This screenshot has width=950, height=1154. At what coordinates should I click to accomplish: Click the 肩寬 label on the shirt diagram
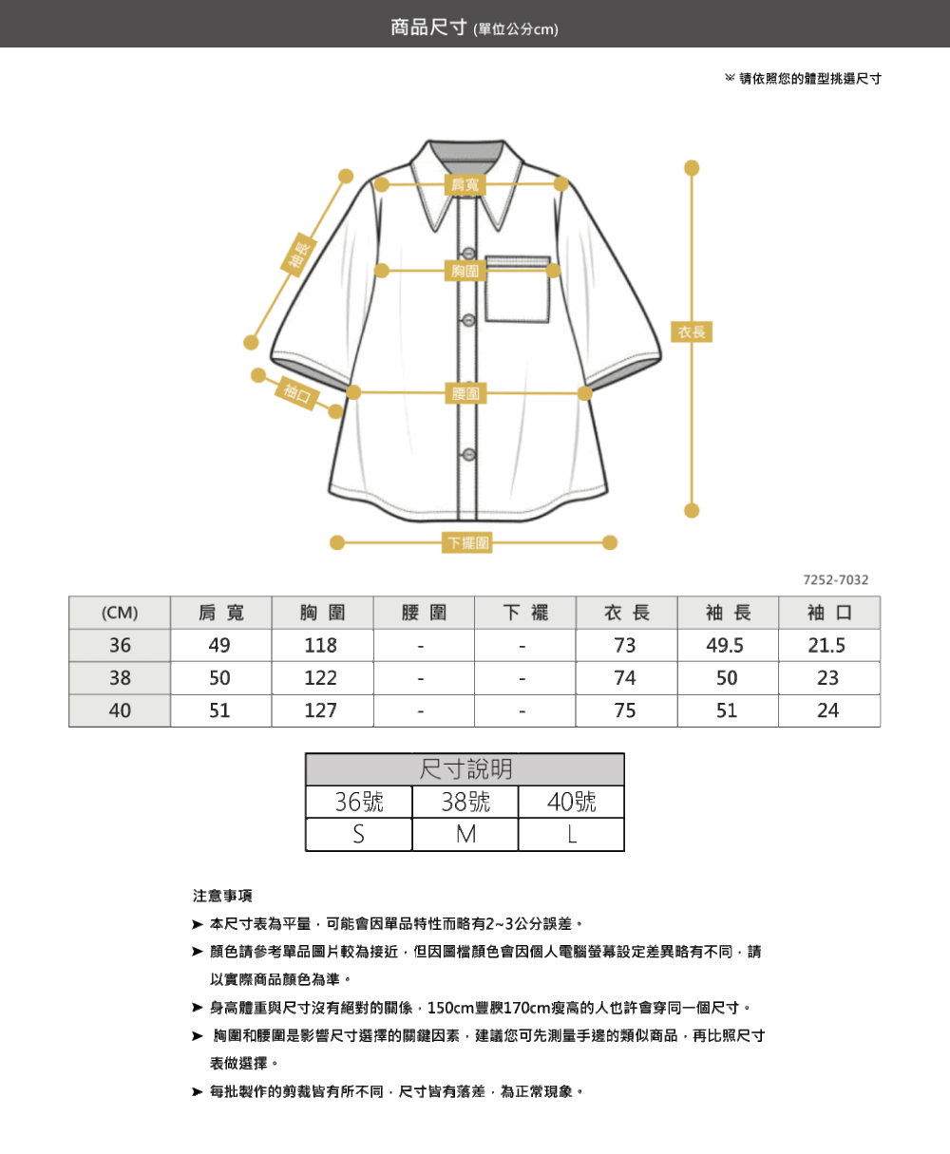click(x=465, y=184)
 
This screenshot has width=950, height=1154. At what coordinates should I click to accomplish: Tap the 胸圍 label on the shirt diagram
click(x=465, y=272)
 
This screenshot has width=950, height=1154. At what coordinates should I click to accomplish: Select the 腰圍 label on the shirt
click(x=465, y=392)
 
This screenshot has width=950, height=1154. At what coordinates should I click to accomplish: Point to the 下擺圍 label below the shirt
click(x=467, y=543)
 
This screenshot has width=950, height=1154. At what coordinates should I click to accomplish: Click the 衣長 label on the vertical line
click(x=693, y=332)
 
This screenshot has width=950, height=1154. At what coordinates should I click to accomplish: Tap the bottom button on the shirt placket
click(x=468, y=455)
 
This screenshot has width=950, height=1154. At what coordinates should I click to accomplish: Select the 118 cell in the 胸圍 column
click(x=321, y=646)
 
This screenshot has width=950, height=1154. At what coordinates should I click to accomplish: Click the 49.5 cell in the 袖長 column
click(x=726, y=646)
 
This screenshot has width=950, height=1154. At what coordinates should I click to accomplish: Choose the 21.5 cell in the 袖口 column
click(x=826, y=646)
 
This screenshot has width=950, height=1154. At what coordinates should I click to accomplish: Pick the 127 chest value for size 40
click(x=321, y=710)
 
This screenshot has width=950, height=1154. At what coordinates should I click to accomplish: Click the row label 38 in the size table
click(x=120, y=678)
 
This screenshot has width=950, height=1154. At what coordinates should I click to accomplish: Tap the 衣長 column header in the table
click(x=626, y=614)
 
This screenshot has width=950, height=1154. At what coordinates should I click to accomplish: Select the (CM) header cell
click(x=120, y=614)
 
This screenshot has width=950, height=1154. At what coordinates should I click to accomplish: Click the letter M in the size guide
click(x=465, y=834)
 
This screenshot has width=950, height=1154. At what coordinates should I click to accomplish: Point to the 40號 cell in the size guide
click(x=572, y=802)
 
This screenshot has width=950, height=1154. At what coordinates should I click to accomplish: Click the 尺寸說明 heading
click(x=465, y=769)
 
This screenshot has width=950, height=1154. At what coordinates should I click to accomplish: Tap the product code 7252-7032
click(x=835, y=580)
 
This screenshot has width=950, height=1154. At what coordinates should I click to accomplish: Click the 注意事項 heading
click(x=222, y=896)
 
